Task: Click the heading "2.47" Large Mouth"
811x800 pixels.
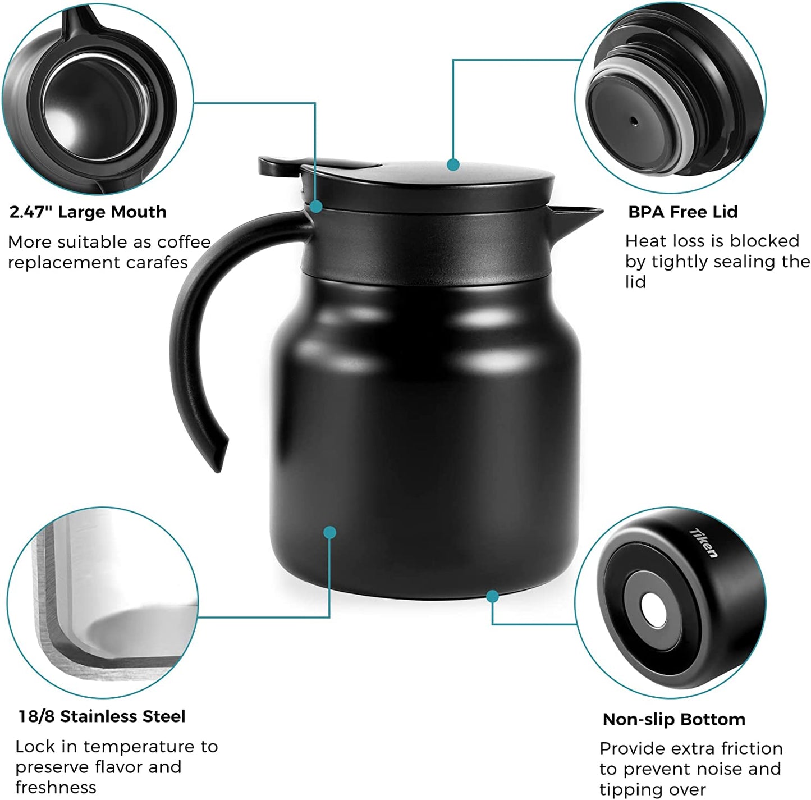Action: click(x=88, y=212)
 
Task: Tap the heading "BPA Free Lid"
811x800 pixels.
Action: click(x=682, y=212)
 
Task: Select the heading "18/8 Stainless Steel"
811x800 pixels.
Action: click(x=102, y=716)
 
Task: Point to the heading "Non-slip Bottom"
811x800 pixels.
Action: click(x=673, y=719)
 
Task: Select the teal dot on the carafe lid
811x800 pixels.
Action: click(x=453, y=165)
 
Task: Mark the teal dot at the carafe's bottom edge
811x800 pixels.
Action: click(x=493, y=596)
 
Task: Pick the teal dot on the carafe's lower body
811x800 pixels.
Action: click(x=330, y=532)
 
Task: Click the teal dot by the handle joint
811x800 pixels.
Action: click(x=316, y=207)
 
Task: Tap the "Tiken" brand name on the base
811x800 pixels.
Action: click(x=704, y=543)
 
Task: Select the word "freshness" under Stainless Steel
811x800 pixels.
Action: click(x=56, y=787)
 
